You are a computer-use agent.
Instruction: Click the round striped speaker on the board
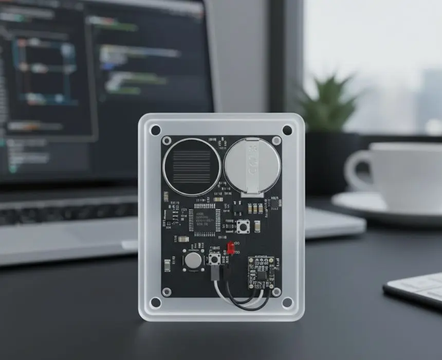[192, 167]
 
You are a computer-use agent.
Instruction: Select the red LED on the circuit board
[231, 249]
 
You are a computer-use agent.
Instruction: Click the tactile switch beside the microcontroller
[242, 226]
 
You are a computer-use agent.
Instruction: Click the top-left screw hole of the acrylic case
[155, 130]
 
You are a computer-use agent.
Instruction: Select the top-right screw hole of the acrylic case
[287, 130]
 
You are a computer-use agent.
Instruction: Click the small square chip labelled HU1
[275, 204]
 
